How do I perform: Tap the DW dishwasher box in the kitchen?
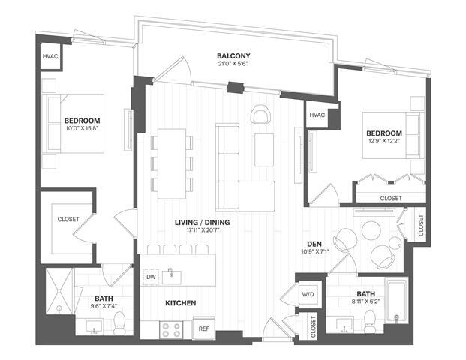click(150, 276)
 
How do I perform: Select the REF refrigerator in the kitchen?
click(203, 328)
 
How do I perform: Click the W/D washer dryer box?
click(308, 294)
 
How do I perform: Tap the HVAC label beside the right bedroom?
click(317, 115)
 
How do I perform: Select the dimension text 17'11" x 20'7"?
click(202, 232)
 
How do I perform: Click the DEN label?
click(314, 242)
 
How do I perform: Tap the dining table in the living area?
click(171, 163)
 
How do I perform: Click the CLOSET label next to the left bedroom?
click(68, 220)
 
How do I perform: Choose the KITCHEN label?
click(181, 303)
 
